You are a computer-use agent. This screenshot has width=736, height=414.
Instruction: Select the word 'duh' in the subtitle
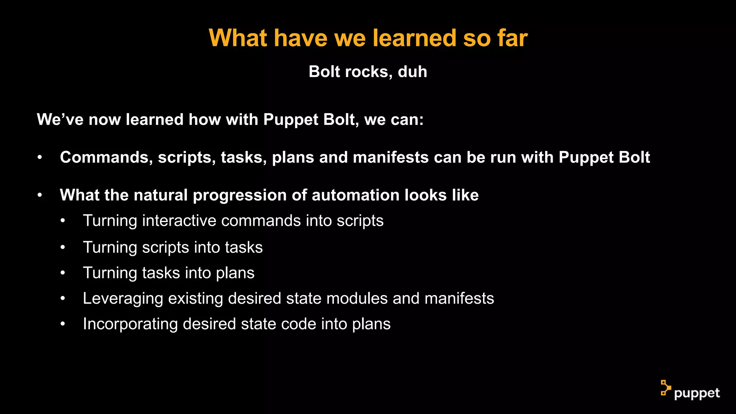[412, 72]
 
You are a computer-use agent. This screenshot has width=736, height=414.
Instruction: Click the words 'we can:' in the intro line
[394, 119]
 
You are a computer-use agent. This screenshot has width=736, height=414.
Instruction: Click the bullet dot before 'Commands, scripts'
[40, 157]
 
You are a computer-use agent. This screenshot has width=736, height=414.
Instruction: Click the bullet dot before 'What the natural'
[40, 195]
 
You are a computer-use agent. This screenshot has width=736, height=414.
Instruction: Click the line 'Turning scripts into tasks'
[172, 248]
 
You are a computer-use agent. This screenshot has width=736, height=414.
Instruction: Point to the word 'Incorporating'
[130, 324]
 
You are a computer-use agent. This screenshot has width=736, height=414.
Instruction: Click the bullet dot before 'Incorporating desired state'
[63, 324]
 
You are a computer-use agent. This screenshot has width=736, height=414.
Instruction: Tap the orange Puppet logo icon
[665, 388]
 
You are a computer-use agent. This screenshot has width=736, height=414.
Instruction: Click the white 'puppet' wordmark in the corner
[697, 394]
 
